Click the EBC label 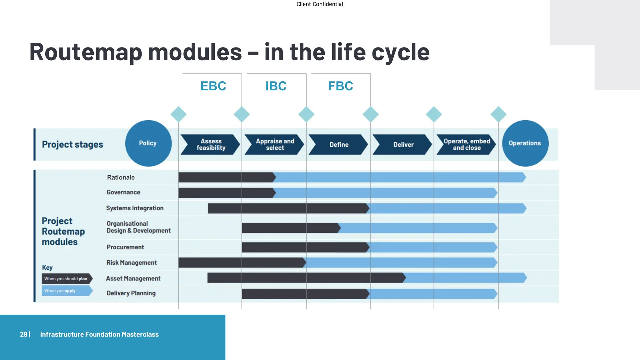[x=213, y=86]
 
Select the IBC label [x=276, y=86]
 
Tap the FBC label [x=340, y=86]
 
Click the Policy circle [x=148, y=143]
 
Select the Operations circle [x=525, y=143]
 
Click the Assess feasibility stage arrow [x=211, y=145]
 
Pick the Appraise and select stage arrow [x=275, y=145]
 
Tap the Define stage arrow [x=339, y=145]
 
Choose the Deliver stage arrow [x=403, y=145]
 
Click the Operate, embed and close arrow [x=467, y=145]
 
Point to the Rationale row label [x=121, y=177]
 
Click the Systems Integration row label [x=135, y=208]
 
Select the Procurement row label [x=125, y=247]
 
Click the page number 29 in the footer [x=23, y=334]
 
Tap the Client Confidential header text [x=319, y=4]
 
